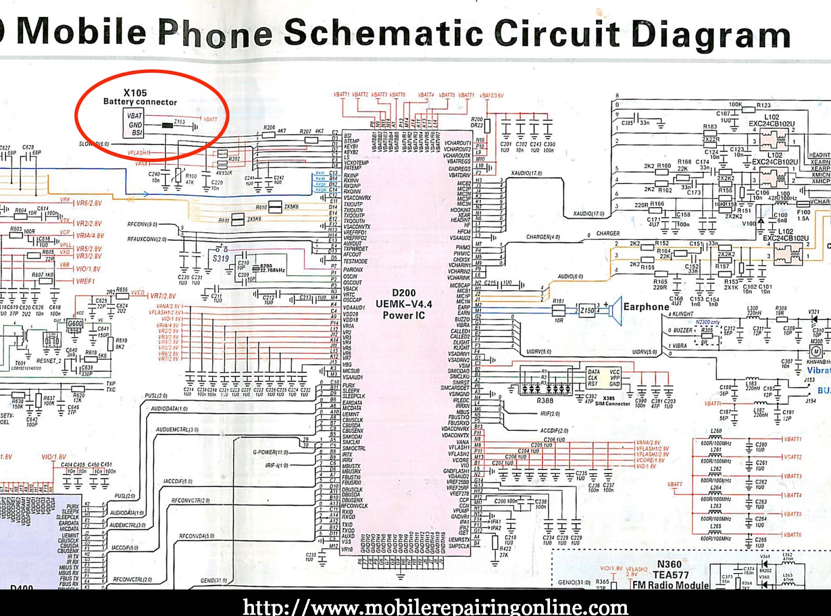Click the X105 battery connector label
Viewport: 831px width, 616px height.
coord(135,93)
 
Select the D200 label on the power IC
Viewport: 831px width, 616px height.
coord(404,293)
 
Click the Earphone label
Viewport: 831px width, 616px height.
coord(646,307)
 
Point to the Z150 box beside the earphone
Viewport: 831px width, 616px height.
coord(587,310)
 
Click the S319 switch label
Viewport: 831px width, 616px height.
coord(221,258)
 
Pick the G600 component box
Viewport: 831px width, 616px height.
coord(75,323)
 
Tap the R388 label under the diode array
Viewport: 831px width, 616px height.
coord(545,401)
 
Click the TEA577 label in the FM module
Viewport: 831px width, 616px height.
coord(671,575)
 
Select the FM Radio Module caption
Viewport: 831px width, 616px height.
coord(670,585)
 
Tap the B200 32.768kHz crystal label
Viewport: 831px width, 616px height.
coord(272,268)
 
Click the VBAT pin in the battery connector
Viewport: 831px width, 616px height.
coord(135,116)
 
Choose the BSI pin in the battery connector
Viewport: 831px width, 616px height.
coord(137,133)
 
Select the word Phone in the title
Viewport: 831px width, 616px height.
coord(215,33)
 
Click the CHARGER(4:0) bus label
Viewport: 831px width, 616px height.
coord(543,237)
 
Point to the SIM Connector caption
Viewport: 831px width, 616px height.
coord(612,404)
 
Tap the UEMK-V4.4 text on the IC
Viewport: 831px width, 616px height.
coord(404,304)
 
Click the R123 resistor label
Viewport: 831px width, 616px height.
coord(763,105)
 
